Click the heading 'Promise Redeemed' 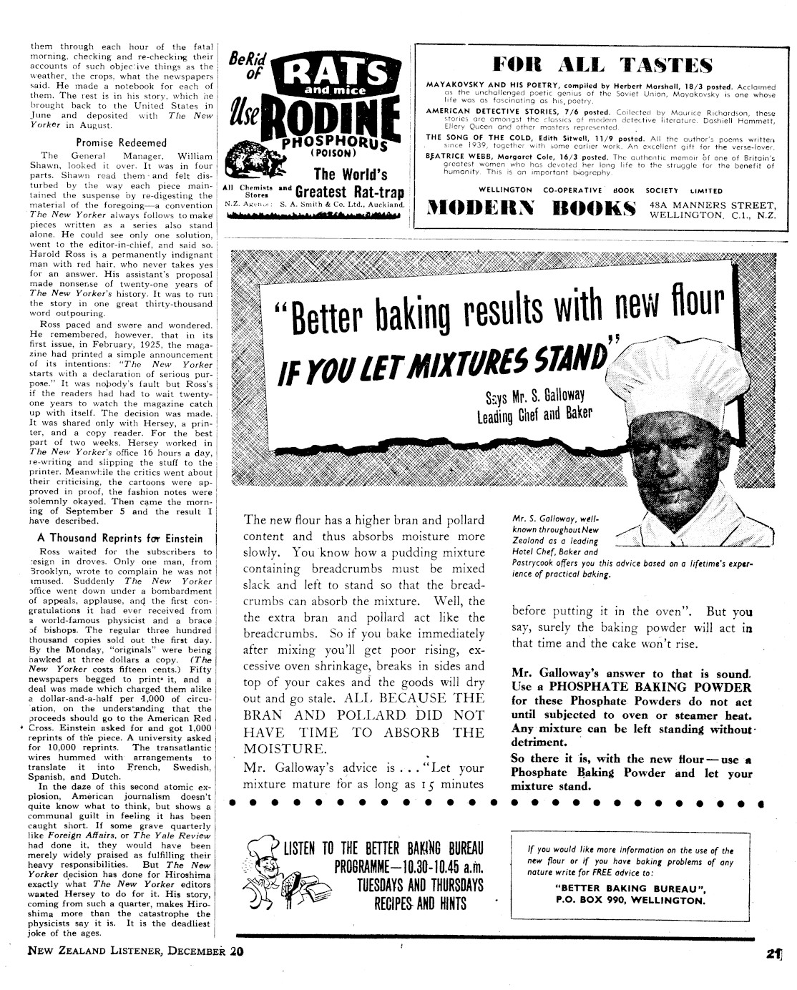coord(121,142)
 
